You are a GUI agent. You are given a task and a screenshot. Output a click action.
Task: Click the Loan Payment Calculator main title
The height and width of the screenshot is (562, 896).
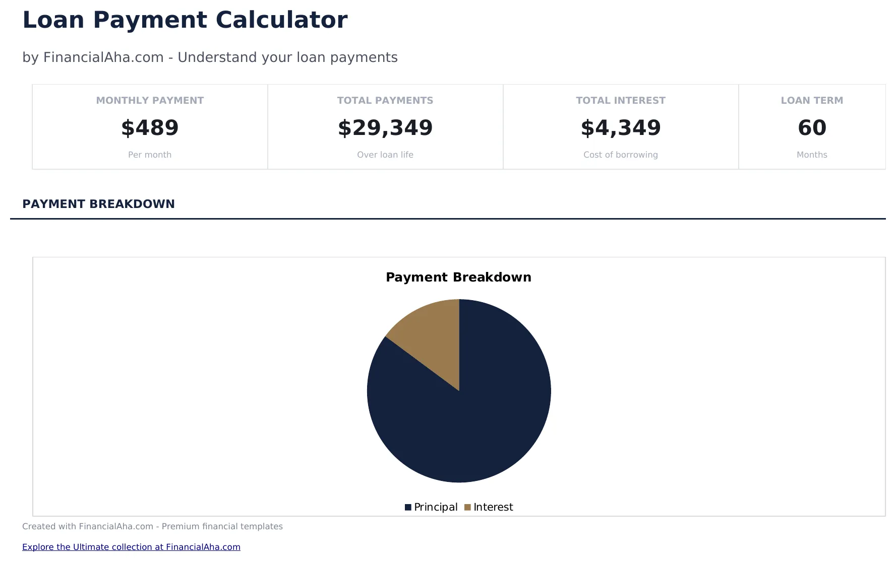click(185, 21)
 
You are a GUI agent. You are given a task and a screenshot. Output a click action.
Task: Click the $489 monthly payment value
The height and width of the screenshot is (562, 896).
click(150, 128)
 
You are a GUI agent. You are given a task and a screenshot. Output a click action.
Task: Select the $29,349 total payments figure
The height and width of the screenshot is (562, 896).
click(385, 128)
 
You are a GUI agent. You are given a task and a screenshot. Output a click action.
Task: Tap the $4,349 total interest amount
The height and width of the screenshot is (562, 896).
click(620, 128)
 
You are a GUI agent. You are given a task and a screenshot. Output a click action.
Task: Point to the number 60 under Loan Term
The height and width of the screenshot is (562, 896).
click(812, 128)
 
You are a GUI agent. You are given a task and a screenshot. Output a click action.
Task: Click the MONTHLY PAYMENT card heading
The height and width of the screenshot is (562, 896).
click(150, 100)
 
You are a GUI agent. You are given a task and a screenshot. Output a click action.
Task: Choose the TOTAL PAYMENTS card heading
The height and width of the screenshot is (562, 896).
click(385, 100)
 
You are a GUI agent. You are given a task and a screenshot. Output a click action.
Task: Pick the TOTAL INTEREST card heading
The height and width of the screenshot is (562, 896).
click(620, 100)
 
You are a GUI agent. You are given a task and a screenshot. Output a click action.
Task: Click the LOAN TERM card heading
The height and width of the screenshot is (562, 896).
click(812, 100)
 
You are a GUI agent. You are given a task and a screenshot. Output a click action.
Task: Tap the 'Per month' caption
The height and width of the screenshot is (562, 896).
click(150, 155)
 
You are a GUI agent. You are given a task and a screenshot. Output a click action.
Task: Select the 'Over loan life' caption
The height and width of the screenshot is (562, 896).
click(385, 155)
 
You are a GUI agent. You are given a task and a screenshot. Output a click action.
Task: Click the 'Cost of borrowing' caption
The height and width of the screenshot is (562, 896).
click(620, 155)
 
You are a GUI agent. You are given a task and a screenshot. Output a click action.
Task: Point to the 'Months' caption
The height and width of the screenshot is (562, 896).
click(812, 155)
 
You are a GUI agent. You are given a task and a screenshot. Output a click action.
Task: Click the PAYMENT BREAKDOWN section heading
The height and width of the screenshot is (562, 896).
click(98, 204)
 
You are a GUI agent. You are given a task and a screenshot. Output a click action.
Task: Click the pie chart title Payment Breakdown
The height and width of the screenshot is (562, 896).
click(458, 277)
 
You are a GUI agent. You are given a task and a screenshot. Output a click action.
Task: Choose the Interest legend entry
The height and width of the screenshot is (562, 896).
click(489, 507)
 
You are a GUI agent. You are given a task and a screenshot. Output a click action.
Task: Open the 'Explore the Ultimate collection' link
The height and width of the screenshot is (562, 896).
click(131, 547)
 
